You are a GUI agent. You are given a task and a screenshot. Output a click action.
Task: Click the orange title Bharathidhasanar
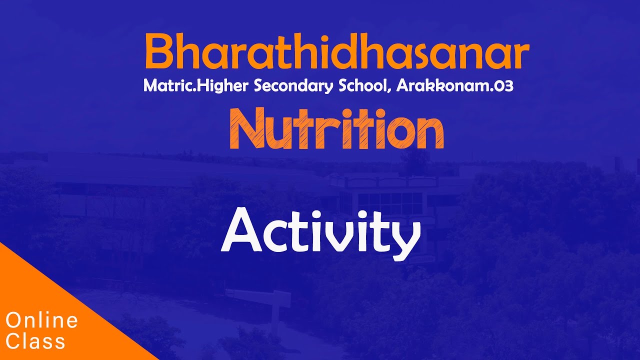(x=337, y=51)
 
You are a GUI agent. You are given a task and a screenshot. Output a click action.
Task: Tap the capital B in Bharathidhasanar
(x=159, y=51)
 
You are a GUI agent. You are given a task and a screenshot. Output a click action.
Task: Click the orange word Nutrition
(x=337, y=128)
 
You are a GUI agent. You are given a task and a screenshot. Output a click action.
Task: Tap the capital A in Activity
(x=241, y=230)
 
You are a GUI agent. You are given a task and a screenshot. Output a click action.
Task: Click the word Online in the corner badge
(x=41, y=320)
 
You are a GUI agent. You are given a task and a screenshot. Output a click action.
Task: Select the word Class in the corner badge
(x=35, y=341)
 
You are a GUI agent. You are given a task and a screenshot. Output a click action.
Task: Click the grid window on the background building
(x=390, y=203)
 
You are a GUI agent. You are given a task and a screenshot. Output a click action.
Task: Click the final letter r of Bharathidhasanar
(x=519, y=55)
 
